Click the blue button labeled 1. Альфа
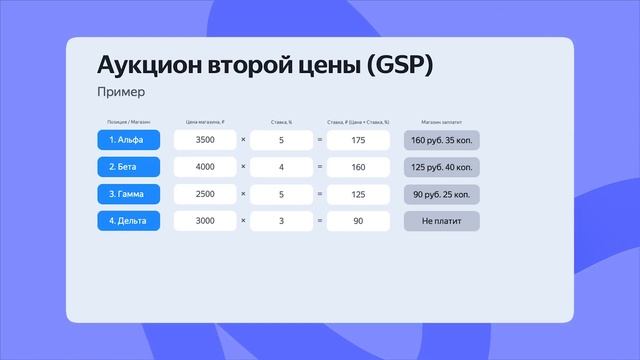point(129,139)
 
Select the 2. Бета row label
point(129,166)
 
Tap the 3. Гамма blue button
point(129,193)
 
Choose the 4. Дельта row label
point(129,220)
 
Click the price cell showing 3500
point(205,139)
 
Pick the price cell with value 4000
point(205,166)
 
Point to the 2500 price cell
point(205,193)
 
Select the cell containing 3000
point(205,220)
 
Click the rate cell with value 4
point(281,166)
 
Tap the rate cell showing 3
point(281,220)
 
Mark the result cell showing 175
point(357,139)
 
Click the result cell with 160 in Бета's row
point(357,166)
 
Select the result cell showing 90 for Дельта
point(357,220)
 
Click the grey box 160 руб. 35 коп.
point(441,139)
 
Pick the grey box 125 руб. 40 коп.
point(441,166)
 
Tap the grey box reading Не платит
point(441,220)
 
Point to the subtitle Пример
point(121,92)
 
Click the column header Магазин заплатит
point(440,121)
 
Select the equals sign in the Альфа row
point(319,139)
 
